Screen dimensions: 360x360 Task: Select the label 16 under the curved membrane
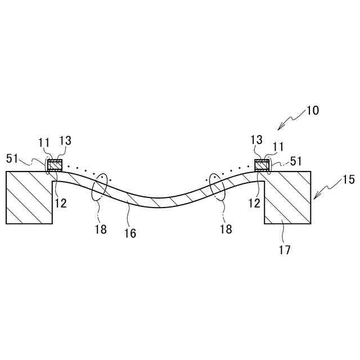point(130,233)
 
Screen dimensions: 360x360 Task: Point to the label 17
point(285,250)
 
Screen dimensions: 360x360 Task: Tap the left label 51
point(12,158)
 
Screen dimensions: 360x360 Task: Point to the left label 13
point(65,141)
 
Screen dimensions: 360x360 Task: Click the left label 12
point(61,203)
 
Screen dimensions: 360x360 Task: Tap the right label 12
point(254,203)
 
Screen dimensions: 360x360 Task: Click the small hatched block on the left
point(55,166)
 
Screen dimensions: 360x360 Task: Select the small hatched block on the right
point(262,166)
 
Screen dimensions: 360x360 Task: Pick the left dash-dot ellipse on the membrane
point(100,187)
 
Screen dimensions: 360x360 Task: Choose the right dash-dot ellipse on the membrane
point(218,187)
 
